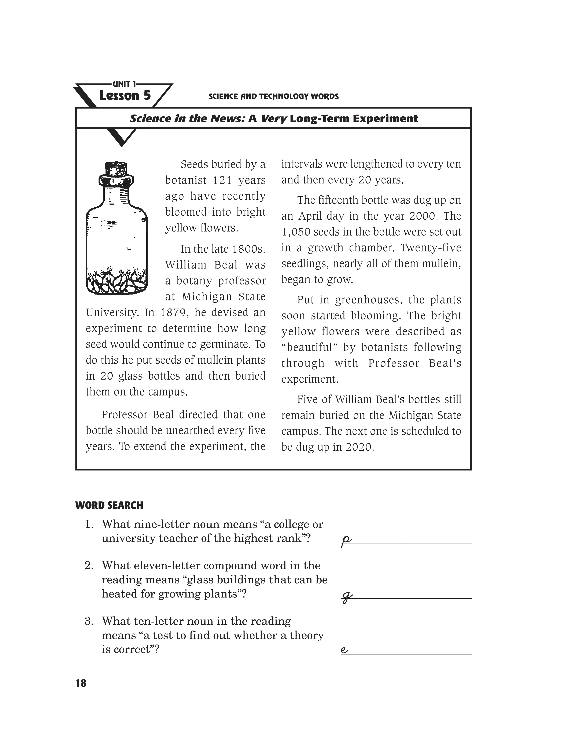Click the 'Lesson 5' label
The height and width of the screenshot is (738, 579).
125,96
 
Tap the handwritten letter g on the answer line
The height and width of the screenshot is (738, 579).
346,597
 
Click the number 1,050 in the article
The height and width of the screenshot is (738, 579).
296,232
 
